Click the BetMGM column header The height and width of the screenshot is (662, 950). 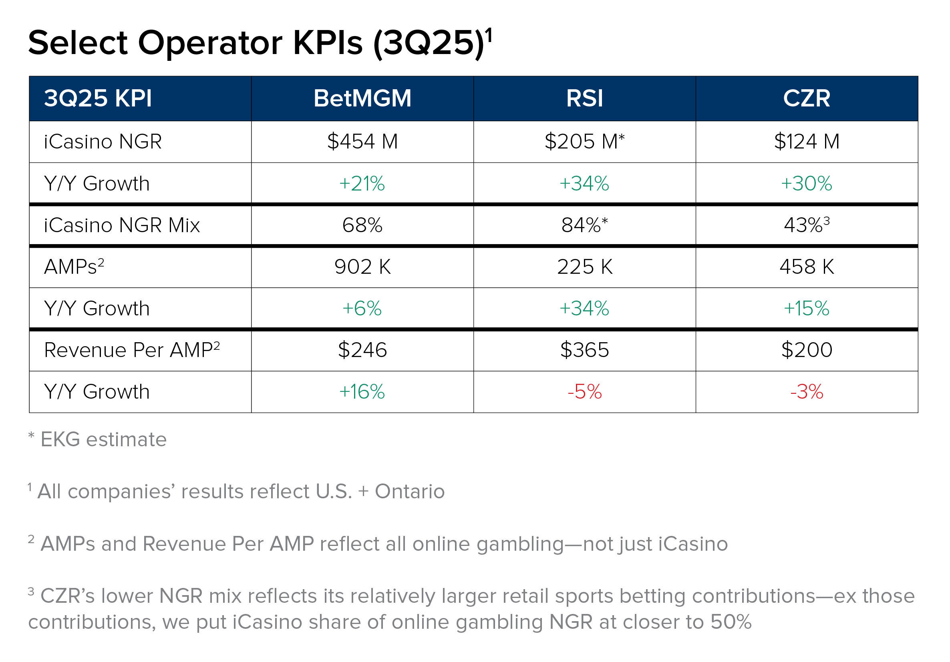[x=362, y=98]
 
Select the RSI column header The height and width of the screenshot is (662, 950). [x=584, y=98]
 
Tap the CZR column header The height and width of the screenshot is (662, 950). [x=807, y=98]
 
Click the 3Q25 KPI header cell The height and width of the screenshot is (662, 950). [x=98, y=98]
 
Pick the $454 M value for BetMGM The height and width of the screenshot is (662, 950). [x=362, y=141]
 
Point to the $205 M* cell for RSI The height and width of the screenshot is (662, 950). [x=584, y=141]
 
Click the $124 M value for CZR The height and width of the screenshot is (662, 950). [x=807, y=141]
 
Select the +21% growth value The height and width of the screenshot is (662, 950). [x=362, y=183]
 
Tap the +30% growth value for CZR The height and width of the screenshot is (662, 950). [x=807, y=183]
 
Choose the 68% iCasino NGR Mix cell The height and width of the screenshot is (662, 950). [x=362, y=225]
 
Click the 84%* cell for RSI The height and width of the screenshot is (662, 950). [x=584, y=225]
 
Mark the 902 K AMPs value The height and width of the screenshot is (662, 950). [x=362, y=267]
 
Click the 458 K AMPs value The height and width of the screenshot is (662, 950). [x=807, y=267]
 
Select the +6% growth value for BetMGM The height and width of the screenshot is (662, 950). [x=362, y=309]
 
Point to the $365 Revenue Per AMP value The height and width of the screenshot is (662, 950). [x=584, y=350]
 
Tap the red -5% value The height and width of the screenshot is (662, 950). [x=584, y=391]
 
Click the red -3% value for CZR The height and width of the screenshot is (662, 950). [x=807, y=391]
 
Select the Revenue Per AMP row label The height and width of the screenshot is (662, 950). [x=132, y=350]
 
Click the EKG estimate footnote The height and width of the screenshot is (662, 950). [x=103, y=439]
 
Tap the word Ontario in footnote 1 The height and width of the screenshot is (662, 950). [x=409, y=491]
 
